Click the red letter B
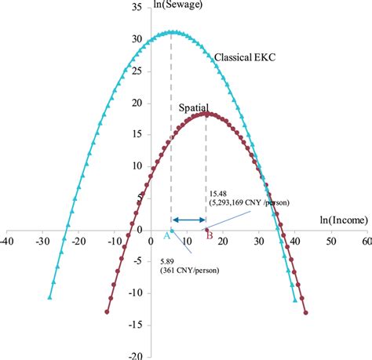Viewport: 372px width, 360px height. click(209, 234)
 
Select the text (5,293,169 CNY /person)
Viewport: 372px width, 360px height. click(250, 202)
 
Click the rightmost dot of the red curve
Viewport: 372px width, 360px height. click(305, 312)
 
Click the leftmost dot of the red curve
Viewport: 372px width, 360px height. click(107, 311)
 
